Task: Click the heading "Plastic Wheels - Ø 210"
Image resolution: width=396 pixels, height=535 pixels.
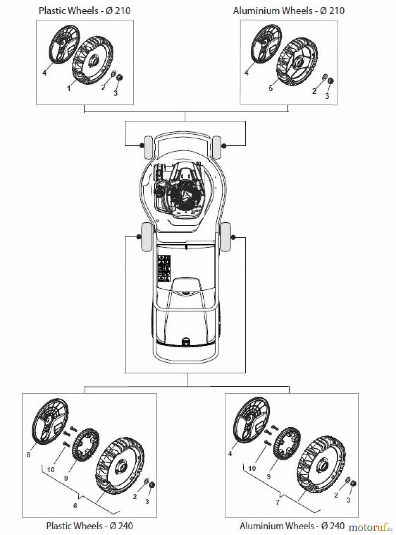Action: [x=85, y=11]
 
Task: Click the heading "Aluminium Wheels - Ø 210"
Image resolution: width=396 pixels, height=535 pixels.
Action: [x=289, y=11]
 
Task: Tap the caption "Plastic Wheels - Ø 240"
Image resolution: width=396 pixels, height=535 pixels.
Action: [x=89, y=526]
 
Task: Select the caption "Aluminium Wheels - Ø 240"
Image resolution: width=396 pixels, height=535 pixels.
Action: [x=292, y=526]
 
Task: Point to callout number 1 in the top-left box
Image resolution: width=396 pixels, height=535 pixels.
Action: [x=69, y=88]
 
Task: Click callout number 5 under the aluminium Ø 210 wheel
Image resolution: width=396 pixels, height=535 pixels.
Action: [x=270, y=88]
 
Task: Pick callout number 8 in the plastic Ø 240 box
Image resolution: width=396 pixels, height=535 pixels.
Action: [x=28, y=455]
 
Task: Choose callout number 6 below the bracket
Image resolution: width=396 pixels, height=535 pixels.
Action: [x=75, y=506]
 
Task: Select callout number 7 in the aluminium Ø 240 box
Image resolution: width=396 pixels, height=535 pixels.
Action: [x=278, y=502]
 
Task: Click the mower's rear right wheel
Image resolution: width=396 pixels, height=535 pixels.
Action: [x=225, y=237]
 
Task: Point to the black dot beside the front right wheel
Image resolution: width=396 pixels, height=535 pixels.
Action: [x=224, y=146]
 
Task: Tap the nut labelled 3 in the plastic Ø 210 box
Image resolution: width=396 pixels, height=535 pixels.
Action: [x=120, y=78]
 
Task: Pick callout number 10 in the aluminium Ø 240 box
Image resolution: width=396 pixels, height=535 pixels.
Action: [x=252, y=468]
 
